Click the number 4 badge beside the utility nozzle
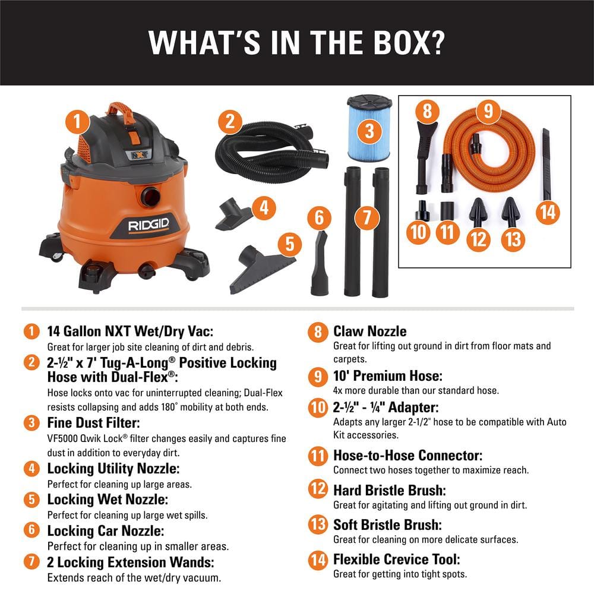(264, 207)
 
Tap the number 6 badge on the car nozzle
(320, 217)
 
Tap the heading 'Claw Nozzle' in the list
(369, 331)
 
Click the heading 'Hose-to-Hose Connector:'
(407, 456)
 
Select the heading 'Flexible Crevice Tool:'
(396, 559)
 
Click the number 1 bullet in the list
(30, 331)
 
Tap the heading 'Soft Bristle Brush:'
(387, 525)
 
